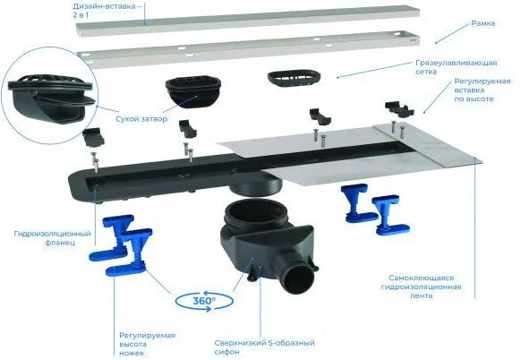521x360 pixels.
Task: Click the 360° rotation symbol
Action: pyautogui.click(x=204, y=301)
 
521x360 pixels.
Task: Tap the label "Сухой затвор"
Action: pyautogui.click(x=141, y=119)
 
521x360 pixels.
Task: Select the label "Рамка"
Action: pyautogui.click(x=483, y=23)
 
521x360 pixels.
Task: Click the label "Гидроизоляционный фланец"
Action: pyautogui.click(x=53, y=238)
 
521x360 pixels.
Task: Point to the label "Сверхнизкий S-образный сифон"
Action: pyautogui.click(x=264, y=347)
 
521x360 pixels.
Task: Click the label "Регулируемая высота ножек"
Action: pyautogui.click(x=147, y=344)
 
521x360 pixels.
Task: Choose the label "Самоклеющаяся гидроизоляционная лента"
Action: pyautogui.click(x=422, y=287)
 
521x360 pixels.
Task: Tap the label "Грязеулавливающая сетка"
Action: pyautogui.click(x=457, y=67)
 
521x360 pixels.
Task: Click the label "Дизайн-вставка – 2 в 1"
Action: pyautogui.click(x=105, y=10)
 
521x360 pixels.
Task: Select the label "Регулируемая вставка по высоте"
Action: pyautogui.click(x=483, y=90)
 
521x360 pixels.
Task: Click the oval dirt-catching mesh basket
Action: pyautogui.click(x=294, y=79)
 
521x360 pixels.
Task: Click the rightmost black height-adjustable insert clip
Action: pyautogui.click(x=399, y=108)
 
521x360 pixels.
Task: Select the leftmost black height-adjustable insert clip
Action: pyautogui.click(x=93, y=137)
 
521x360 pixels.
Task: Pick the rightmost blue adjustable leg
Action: pyautogui.click(x=389, y=215)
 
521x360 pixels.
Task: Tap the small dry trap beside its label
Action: pyautogui.click(x=193, y=93)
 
